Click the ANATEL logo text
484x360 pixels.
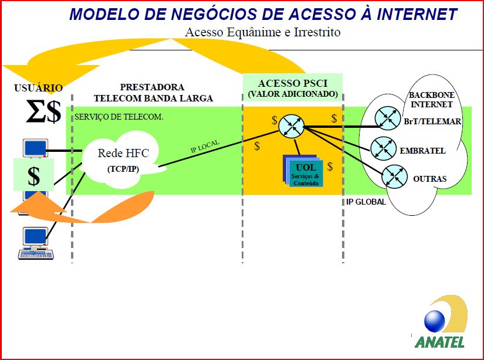click(x=439, y=341)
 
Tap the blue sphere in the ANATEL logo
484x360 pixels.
click(x=435, y=321)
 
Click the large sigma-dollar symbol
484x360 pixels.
click(x=43, y=112)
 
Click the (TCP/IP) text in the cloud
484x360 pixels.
click(x=123, y=169)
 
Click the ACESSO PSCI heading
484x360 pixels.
click(x=292, y=83)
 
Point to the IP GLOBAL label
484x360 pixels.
click(x=366, y=202)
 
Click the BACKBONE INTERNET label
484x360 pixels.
click(x=432, y=100)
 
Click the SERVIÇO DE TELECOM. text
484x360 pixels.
click(x=119, y=117)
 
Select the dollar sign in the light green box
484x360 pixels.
click(x=34, y=176)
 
